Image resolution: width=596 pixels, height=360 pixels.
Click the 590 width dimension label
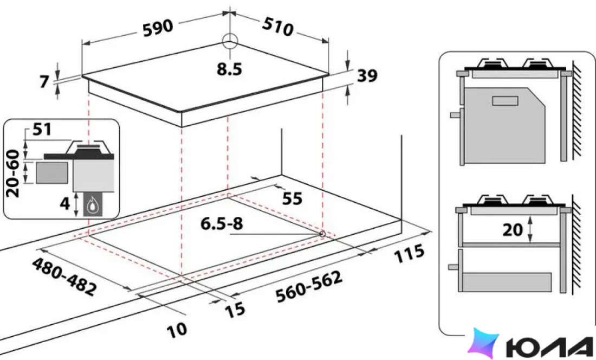point(158,28)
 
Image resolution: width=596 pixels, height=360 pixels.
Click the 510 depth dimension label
point(278,26)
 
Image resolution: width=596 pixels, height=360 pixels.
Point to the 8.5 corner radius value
point(229,69)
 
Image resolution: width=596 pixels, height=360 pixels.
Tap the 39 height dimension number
point(367,76)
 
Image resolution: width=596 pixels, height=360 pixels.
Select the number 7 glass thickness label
point(45,82)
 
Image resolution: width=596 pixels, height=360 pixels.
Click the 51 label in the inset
point(42,129)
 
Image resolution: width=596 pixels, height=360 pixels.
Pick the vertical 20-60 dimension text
point(13,173)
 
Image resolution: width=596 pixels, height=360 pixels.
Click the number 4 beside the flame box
point(65,204)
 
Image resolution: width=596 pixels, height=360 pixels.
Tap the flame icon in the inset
point(92,207)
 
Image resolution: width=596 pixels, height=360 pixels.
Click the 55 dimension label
point(292,198)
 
